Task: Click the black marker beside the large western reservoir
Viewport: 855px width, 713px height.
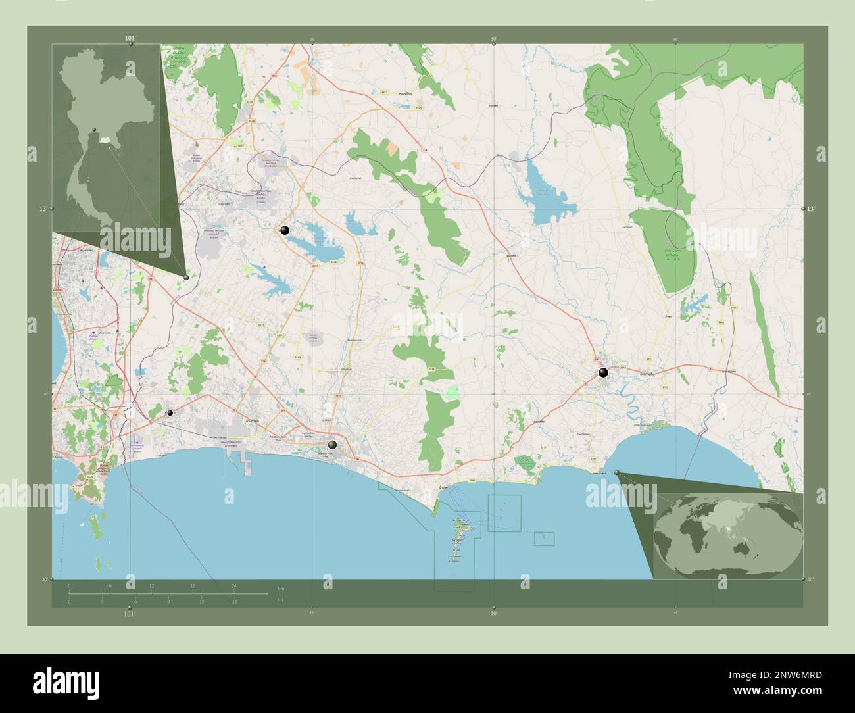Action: [284, 230]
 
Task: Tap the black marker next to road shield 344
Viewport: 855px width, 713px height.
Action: [602, 373]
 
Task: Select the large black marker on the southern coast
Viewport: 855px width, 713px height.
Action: [333, 445]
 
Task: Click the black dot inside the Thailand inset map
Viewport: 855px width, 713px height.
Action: [95, 129]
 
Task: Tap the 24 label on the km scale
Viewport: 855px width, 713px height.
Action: [233, 585]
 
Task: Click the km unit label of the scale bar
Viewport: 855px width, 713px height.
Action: [281, 588]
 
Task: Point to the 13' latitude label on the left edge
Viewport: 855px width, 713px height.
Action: [42, 209]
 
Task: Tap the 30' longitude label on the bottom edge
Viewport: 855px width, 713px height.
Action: [493, 613]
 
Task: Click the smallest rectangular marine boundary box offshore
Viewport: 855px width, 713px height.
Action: [544, 539]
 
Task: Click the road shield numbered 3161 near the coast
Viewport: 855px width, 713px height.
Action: [593, 458]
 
